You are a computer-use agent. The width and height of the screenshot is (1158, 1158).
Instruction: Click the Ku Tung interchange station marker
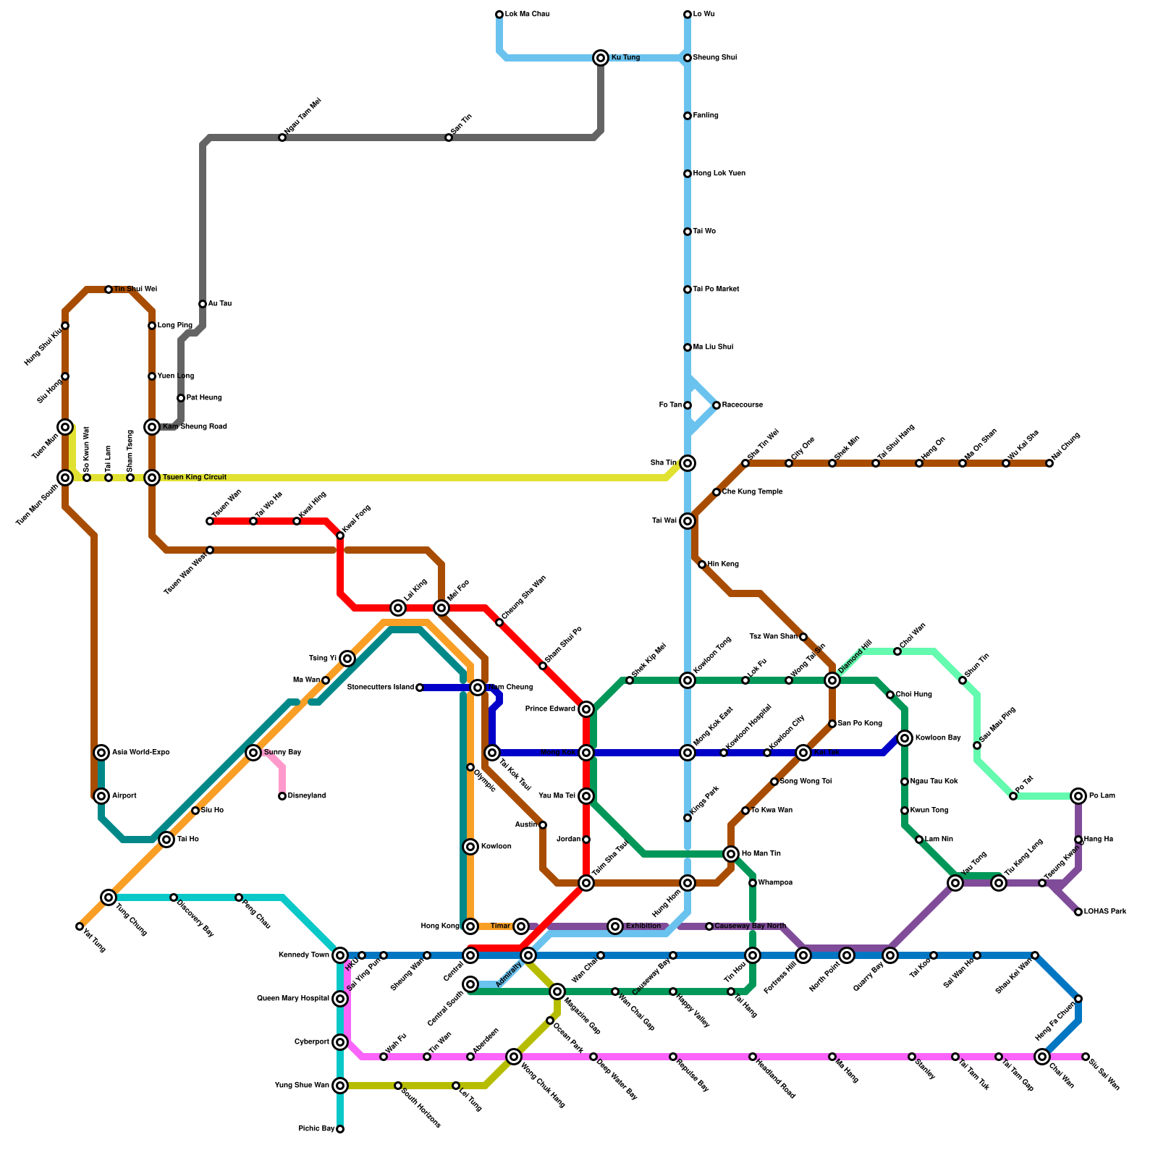pyautogui.click(x=601, y=58)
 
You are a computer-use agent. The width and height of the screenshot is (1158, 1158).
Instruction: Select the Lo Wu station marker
pyautogui.click(x=688, y=14)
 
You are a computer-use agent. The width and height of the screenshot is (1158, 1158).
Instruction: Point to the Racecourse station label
pyautogui.click(x=742, y=405)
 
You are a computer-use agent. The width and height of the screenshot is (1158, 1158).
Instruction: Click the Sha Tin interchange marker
pyautogui.click(x=688, y=463)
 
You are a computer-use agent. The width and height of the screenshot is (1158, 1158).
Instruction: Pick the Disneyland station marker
pyautogui.click(x=282, y=796)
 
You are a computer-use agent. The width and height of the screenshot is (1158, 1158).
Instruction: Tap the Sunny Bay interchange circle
pyautogui.click(x=253, y=753)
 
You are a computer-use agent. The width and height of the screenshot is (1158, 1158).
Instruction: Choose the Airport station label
pyautogui.click(x=124, y=796)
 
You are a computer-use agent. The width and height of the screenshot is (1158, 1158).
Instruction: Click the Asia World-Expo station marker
pyautogui.click(x=101, y=753)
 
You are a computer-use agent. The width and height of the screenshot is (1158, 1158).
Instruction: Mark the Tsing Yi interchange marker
pyautogui.click(x=347, y=658)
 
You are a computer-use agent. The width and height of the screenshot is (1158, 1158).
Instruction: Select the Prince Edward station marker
pyautogui.click(x=586, y=709)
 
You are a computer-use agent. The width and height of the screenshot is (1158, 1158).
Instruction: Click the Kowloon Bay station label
pyautogui.click(x=938, y=738)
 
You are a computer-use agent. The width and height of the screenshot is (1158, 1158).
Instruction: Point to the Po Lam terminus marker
pyautogui.click(x=1078, y=796)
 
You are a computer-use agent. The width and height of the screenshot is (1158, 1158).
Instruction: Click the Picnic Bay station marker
pyautogui.click(x=340, y=1129)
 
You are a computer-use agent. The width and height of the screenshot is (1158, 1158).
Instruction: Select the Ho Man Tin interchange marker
pyautogui.click(x=731, y=854)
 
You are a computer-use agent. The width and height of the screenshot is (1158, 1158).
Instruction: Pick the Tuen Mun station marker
pyautogui.click(x=65, y=427)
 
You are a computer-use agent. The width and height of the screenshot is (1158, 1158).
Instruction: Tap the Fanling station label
pyautogui.click(x=706, y=116)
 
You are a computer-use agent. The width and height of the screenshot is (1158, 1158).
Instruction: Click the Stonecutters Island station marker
pyautogui.click(x=420, y=688)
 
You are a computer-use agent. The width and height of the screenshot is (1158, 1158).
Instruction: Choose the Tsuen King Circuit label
pyautogui.click(x=194, y=478)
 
